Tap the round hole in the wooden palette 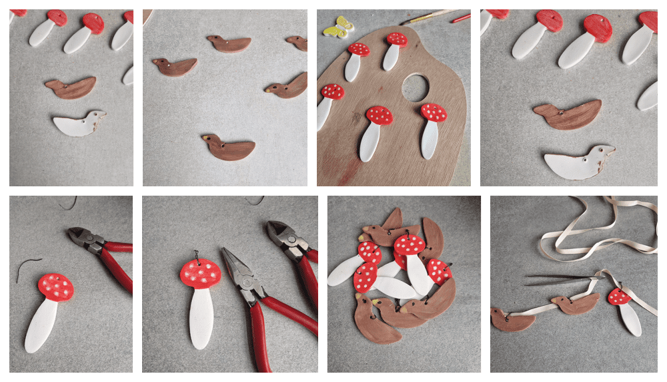coord(417,87)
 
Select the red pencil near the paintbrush coord(460,19)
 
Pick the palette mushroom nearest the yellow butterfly coord(359,49)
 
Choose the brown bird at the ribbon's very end coord(512,320)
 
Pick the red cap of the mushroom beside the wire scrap coord(55,286)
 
